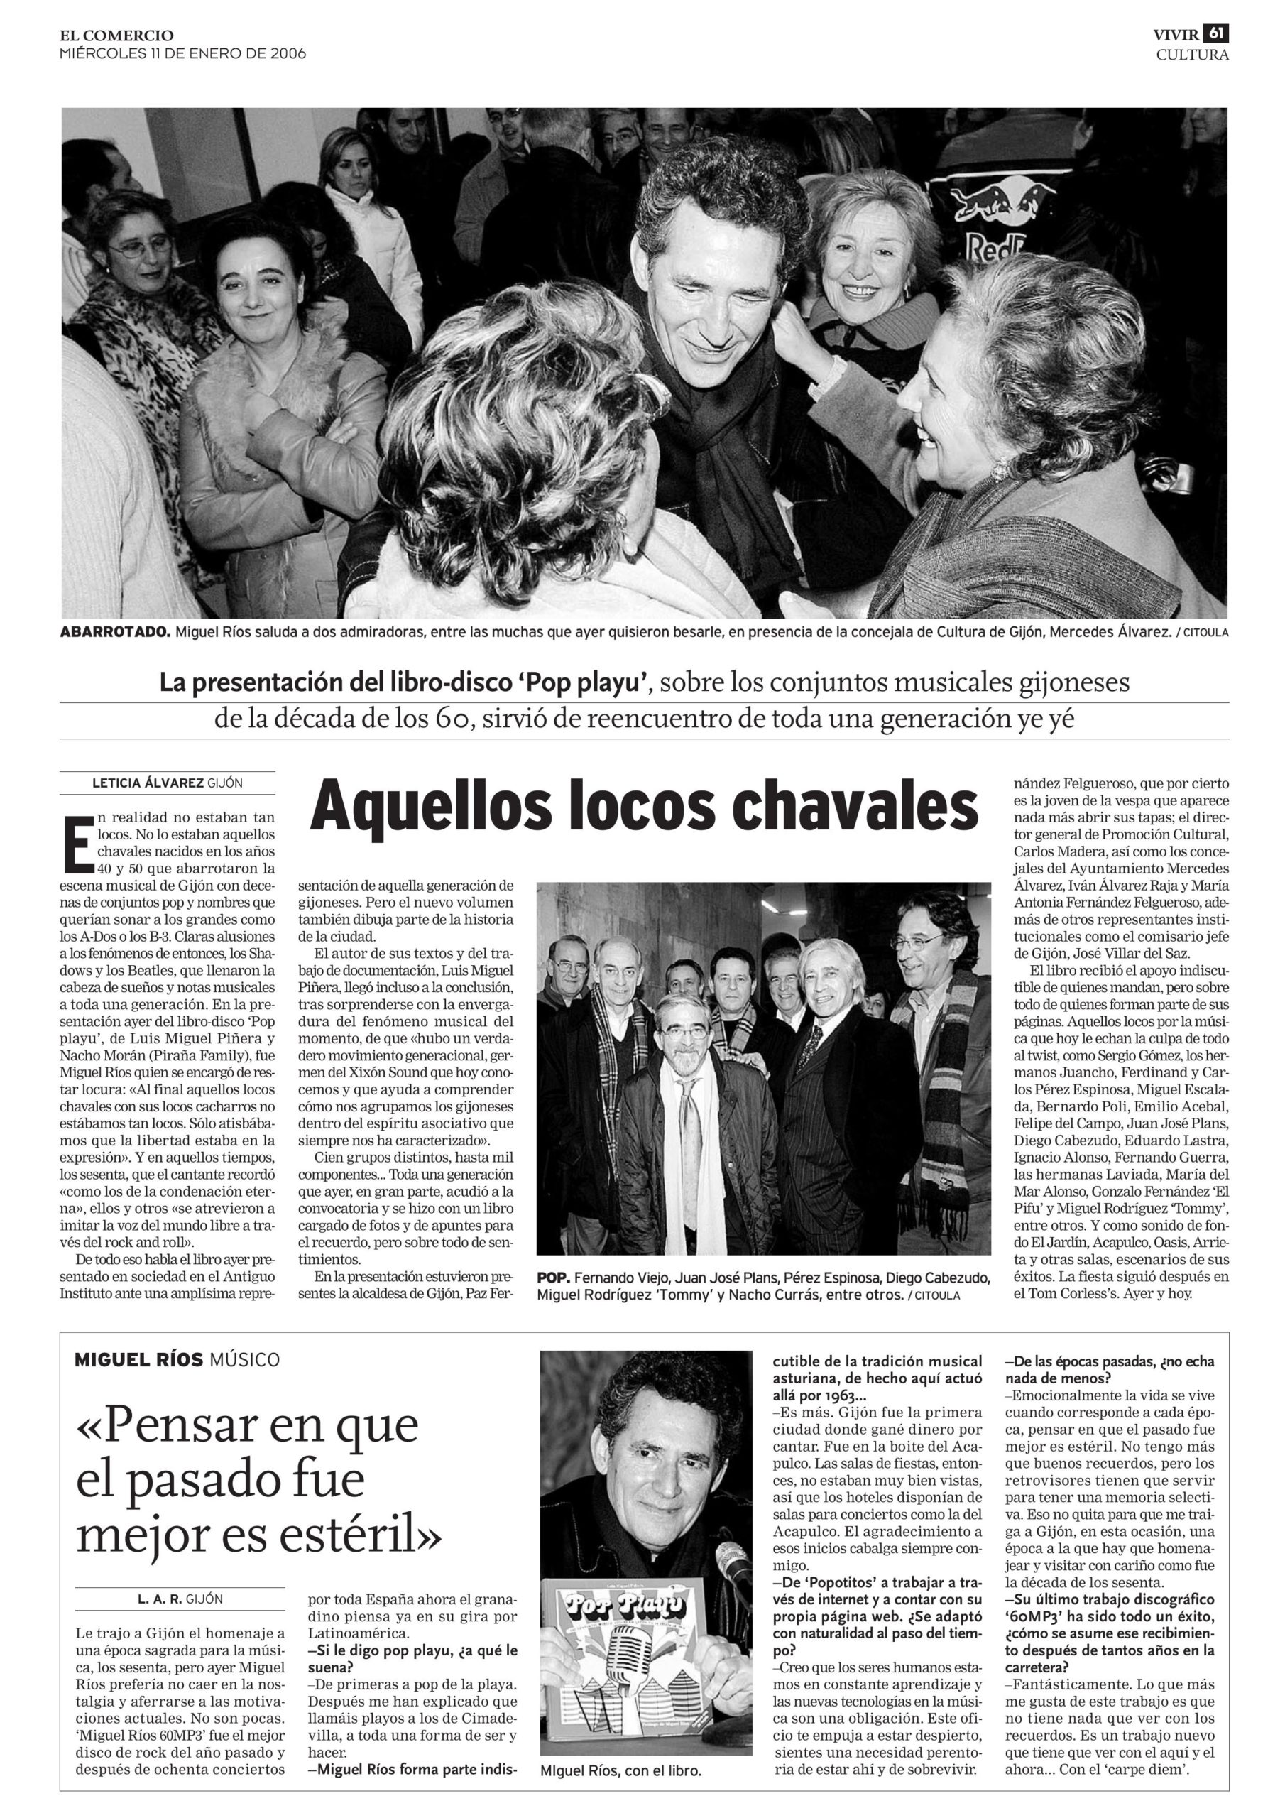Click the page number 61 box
pyautogui.click(x=1215, y=34)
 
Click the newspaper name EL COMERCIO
pyautogui.click(x=116, y=35)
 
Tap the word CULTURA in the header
pyautogui.click(x=1191, y=55)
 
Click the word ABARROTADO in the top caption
pyautogui.click(x=114, y=633)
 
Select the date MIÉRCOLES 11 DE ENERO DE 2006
pyautogui.click(x=182, y=54)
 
